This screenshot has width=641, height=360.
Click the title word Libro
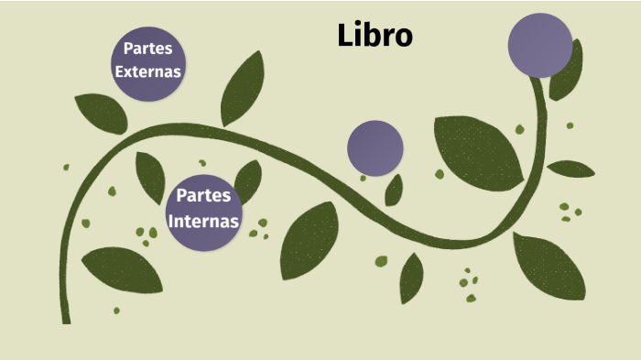375,36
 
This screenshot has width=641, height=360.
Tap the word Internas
203,221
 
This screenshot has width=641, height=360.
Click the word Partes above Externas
148,49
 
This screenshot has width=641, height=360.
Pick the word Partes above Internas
202,195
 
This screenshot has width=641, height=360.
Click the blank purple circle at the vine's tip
540,45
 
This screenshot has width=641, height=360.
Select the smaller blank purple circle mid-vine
375,148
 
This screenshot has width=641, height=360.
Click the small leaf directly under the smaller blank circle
394,190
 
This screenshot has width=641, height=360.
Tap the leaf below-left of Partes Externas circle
100,113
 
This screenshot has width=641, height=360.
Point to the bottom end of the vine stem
66,318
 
